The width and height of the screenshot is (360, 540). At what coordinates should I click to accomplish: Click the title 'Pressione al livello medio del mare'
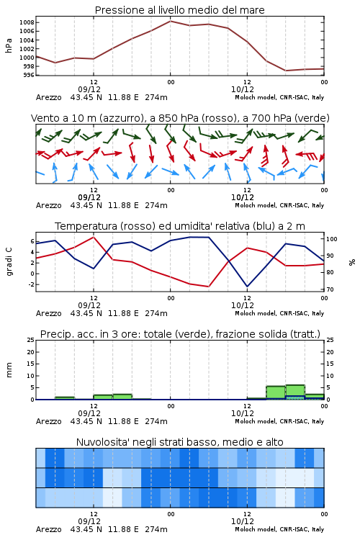pos(179,10)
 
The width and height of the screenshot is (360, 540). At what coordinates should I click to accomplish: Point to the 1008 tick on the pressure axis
pos(27,23)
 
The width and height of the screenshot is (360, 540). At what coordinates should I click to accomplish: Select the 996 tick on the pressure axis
pos(28,75)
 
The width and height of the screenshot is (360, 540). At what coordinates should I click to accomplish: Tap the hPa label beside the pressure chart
pos(9,45)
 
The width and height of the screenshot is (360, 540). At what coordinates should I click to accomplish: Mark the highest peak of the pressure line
pos(170,21)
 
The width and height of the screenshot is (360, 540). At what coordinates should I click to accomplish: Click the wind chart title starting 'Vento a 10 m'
pos(180,118)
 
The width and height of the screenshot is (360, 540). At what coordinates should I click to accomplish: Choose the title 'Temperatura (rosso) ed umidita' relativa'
pos(180,226)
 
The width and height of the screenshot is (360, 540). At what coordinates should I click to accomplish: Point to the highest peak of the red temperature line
pos(94,237)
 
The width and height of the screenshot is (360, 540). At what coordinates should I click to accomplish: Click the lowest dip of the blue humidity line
pos(247,287)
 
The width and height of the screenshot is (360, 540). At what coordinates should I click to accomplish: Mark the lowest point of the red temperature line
pos(208,287)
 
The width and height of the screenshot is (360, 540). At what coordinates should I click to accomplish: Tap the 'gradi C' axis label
pos(9,262)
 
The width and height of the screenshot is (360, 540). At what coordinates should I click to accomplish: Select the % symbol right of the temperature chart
pos(352,262)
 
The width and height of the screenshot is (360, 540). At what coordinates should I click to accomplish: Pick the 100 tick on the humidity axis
pos(332,239)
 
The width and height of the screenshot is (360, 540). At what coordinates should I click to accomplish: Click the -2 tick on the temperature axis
pos(31,284)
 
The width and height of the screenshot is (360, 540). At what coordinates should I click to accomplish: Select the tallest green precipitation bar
pos(295,392)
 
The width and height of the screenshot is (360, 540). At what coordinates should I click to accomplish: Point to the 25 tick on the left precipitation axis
pos(31,340)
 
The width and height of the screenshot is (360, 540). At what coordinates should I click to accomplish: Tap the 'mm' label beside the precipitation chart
pos(9,370)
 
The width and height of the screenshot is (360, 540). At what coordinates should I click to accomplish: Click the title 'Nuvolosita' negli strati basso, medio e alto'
pos(179,442)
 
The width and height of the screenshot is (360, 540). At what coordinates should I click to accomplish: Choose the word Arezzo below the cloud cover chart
pos(48,529)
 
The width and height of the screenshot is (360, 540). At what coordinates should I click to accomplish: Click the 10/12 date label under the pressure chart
pos(243,89)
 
